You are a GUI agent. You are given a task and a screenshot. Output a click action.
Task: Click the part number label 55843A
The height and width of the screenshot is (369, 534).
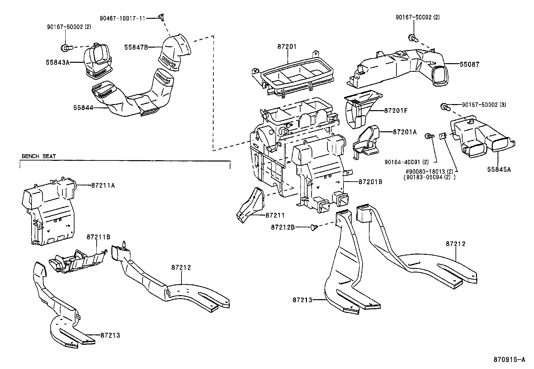point(57,62)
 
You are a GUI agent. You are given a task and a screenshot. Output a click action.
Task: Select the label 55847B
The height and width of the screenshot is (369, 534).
point(136,47)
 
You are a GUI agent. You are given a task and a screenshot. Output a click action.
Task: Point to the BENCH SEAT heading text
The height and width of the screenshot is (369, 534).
point(39,156)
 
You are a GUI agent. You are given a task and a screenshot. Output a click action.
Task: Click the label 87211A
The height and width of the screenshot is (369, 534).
point(103,185)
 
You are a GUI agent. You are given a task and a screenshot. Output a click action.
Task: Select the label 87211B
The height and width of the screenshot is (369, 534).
point(98,237)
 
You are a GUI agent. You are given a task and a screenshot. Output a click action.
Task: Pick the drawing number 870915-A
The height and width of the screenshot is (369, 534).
point(509,360)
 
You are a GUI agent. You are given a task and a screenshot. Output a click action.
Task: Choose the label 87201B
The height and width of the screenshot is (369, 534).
point(370,182)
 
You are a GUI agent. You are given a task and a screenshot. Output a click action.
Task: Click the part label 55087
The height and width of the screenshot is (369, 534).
point(470,64)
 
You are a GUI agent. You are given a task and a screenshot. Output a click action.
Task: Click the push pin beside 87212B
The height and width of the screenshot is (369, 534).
point(315,227)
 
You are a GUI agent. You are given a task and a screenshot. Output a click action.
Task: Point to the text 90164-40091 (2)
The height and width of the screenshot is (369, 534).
point(407,162)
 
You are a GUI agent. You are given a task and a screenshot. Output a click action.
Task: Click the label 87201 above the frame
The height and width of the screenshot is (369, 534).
point(287,47)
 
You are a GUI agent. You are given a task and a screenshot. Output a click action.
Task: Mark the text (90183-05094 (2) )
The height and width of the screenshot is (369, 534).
point(430,178)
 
